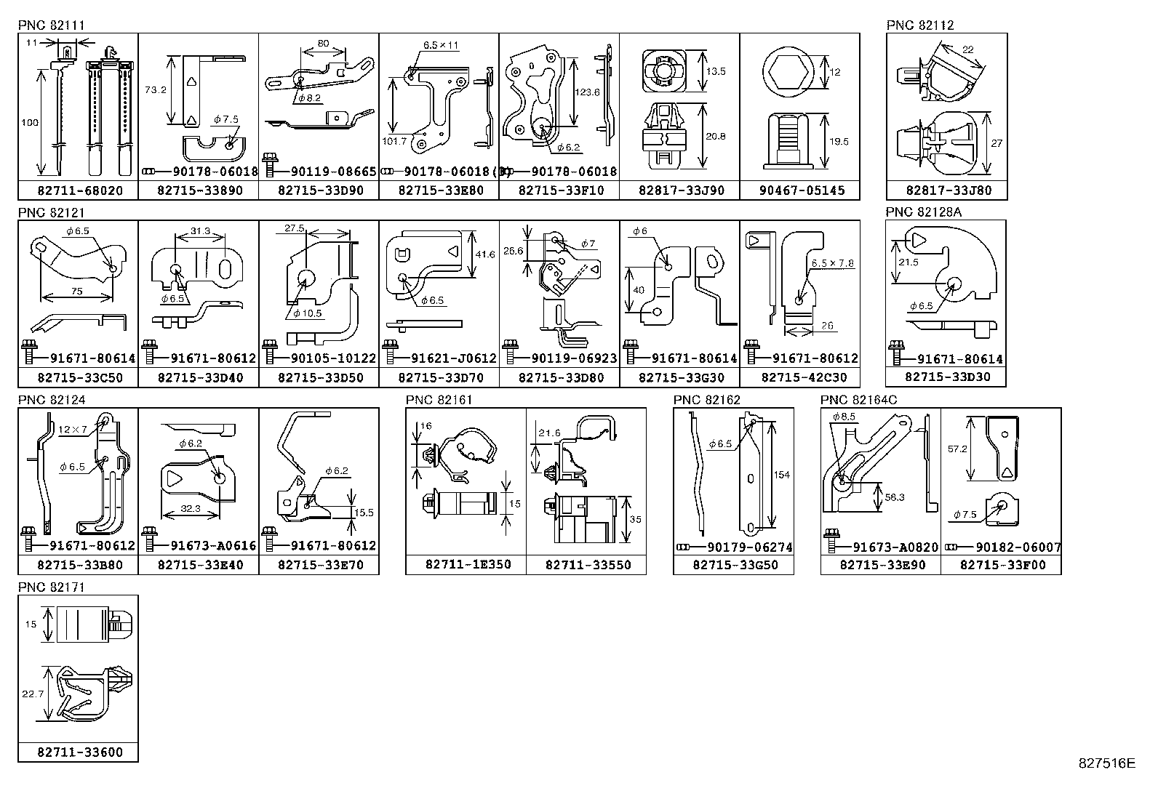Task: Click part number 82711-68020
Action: [79, 191]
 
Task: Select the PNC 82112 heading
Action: [919, 25]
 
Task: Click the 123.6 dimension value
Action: [586, 93]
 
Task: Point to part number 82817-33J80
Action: [946, 191]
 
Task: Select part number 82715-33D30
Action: [946, 377]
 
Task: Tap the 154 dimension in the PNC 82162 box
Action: [781, 475]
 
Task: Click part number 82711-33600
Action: [79, 752]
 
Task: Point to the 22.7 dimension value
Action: [33, 694]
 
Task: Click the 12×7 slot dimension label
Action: [73, 430]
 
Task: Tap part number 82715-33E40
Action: [199, 565]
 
